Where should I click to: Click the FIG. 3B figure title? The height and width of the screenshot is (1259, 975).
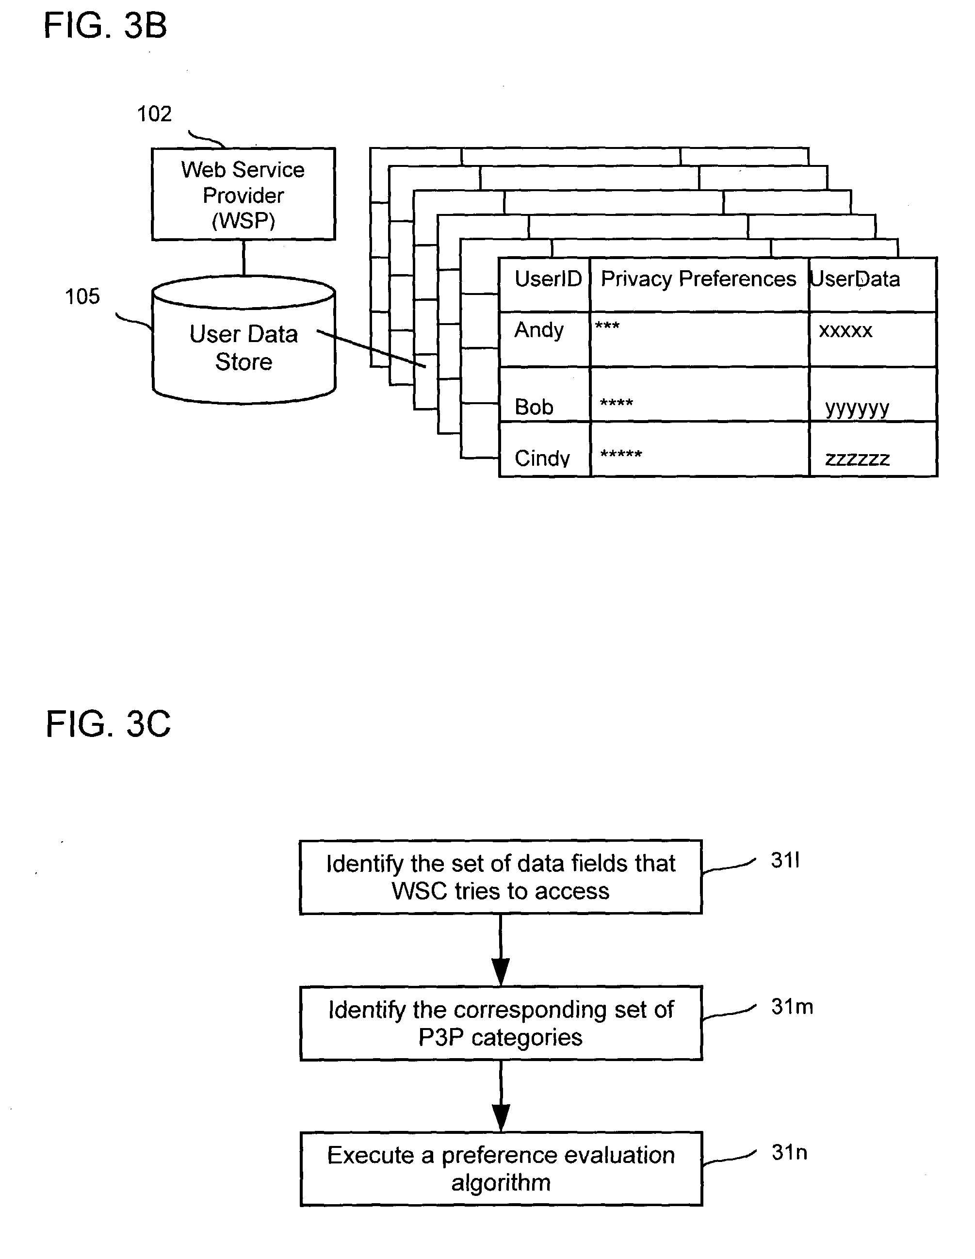(x=105, y=27)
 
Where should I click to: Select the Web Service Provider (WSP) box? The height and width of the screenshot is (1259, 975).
(x=243, y=194)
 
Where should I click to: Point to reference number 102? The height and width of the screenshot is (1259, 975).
(x=154, y=114)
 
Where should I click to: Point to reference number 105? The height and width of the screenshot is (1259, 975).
(x=82, y=297)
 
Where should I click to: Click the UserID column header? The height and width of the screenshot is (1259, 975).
(x=548, y=279)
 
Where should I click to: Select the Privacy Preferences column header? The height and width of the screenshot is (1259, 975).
(x=699, y=279)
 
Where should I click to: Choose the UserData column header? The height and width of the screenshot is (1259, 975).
(x=856, y=279)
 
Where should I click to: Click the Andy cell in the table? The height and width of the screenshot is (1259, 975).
(x=539, y=331)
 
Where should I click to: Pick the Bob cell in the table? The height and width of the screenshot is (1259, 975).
(x=534, y=407)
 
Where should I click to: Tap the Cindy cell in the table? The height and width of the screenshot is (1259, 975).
(x=542, y=458)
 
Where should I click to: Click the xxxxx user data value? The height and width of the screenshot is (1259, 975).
(x=845, y=331)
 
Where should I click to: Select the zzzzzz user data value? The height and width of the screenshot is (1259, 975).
(x=857, y=459)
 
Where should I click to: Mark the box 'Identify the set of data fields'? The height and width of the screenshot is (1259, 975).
(x=500, y=877)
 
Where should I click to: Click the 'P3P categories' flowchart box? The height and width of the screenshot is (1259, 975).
(x=501, y=1023)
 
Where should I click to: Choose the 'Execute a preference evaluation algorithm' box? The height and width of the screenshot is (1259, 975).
(x=501, y=1168)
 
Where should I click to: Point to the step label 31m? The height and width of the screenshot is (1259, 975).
(x=792, y=1007)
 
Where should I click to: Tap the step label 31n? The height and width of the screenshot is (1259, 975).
(x=789, y=1153)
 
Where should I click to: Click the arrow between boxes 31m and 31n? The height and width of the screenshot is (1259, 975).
(x=501, y=1096)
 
